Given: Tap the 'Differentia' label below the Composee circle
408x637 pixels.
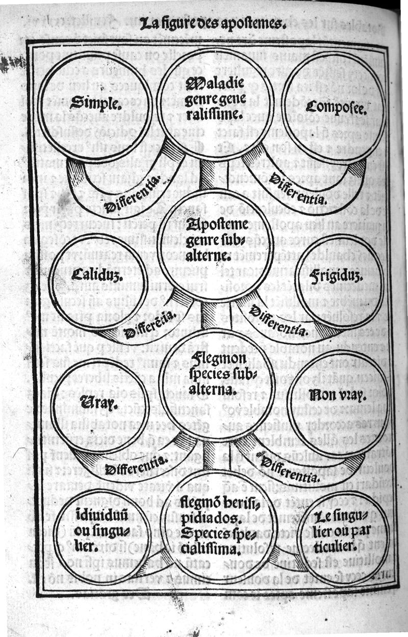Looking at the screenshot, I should coord(298,187).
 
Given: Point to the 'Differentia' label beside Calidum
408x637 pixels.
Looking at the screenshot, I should coord(150,325).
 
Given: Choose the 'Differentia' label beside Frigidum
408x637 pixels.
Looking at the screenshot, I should coord(280,321).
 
